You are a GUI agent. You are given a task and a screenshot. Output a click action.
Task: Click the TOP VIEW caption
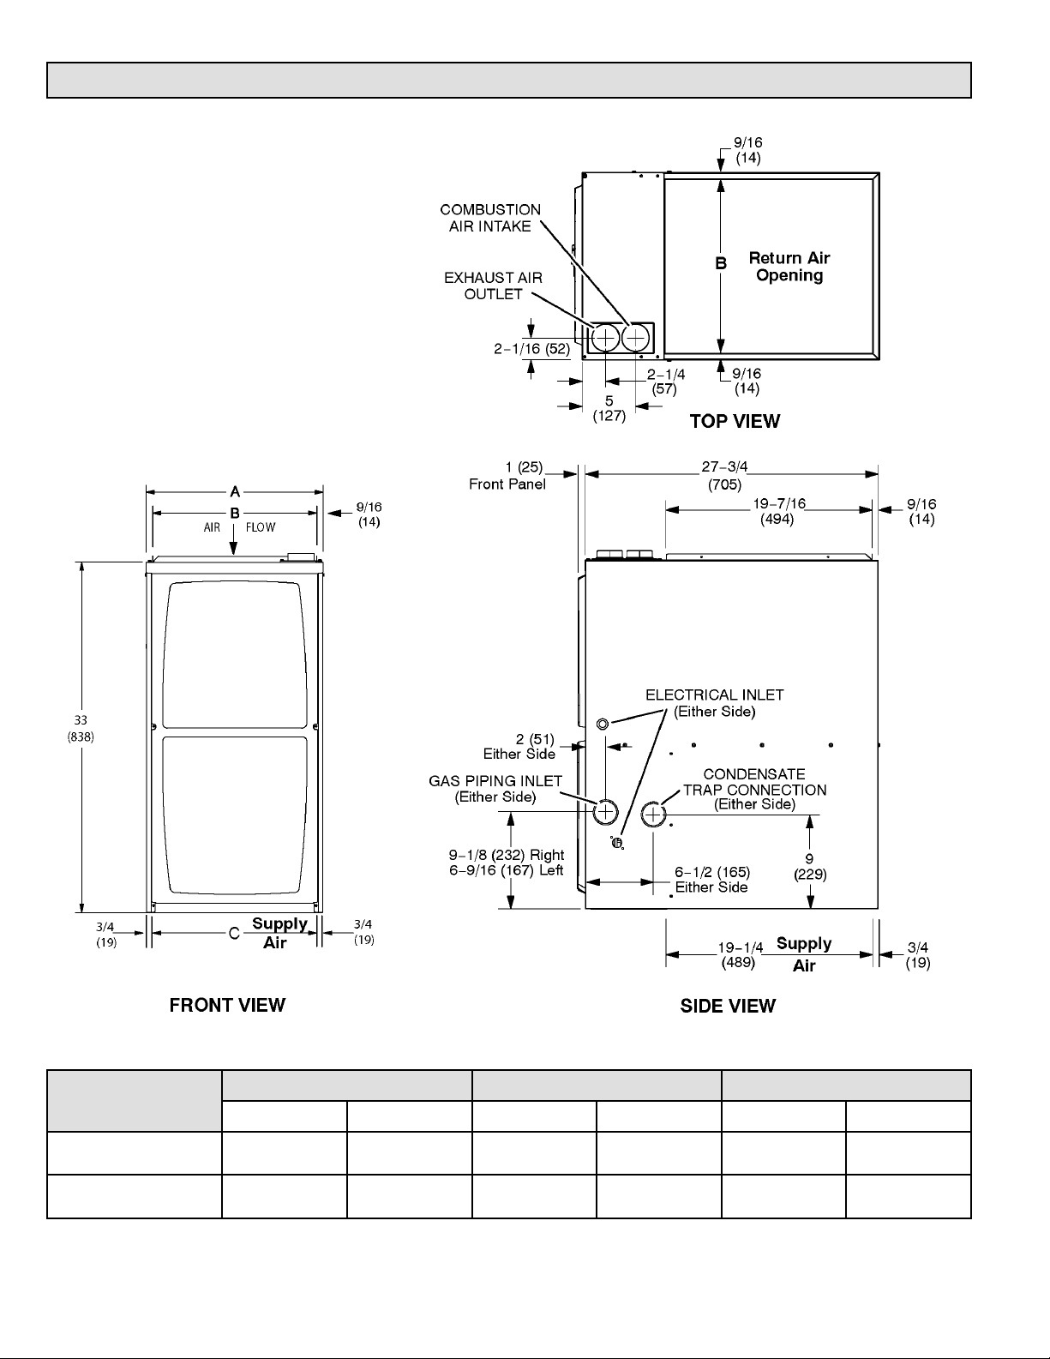click(735, 421)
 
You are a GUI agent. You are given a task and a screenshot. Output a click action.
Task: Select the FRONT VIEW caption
click(227, 1005)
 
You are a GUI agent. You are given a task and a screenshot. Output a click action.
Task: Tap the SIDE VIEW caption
click(728, 1006)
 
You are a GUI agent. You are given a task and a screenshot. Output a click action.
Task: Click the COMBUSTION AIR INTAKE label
click(490, 218)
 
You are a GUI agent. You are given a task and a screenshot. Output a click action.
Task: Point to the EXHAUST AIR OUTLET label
click(493, 286)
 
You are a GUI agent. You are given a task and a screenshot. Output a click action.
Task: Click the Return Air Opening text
click(789, 267)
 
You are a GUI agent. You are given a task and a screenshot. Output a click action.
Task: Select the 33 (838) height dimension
click(81, 729)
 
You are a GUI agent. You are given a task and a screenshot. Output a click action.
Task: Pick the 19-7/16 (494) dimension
click(778, 511)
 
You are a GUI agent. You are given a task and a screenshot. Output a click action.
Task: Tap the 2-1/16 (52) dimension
click(531, 349)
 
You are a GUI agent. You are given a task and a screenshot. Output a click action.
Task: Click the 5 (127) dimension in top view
click(609, 408)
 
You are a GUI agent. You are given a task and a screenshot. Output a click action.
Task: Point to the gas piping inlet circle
click(605, 810)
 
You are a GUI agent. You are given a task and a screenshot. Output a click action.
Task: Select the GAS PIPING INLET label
click(495, 788)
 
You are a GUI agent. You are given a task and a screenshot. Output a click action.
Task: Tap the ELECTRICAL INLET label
click(714, 702)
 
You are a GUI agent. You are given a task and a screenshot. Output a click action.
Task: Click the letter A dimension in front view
click(234, 491)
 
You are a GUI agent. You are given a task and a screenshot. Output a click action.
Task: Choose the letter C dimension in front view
click(233, 934)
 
